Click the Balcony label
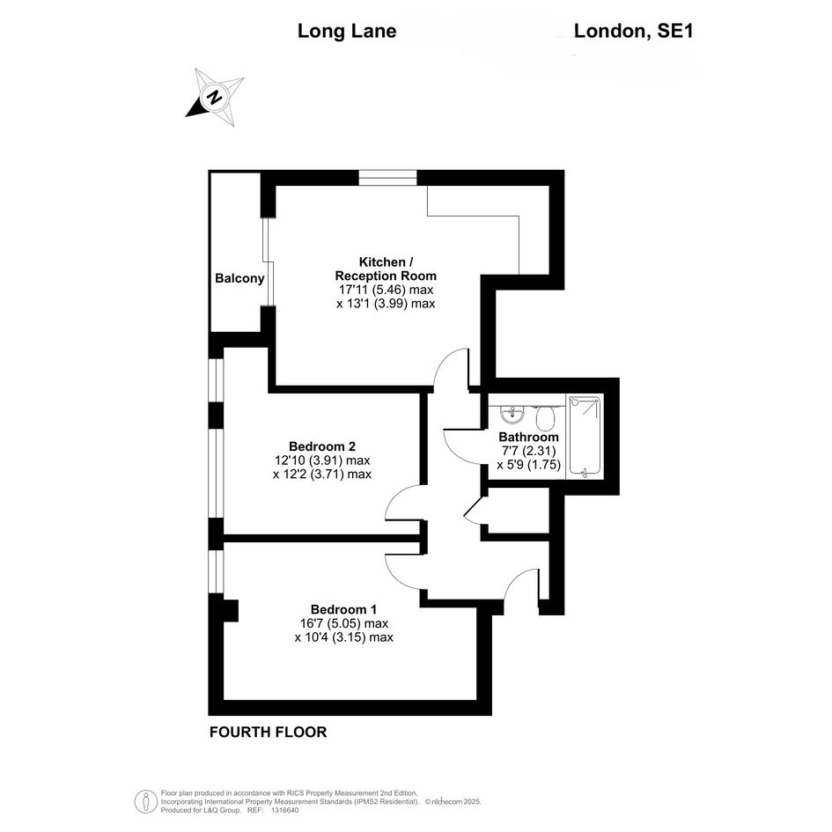tap(239, 278)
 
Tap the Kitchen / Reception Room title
tap(386, 269)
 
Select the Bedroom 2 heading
tap(322, 446)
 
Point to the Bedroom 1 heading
tap(344, 609)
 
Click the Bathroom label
tap(528, 438)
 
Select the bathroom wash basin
tap(512, 414)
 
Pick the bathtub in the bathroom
tap(585, 436)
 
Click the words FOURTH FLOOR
tap(268, 733)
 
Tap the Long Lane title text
tap(347, 31)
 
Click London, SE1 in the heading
tap(634, 31)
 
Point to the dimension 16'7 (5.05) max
tap(344, 623)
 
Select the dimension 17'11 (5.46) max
tap(387, 290)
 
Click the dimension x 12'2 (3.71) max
tap(322, 474)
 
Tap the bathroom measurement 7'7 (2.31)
tap(528, 451)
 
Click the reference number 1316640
tap(285, 810)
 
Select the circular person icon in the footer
tap(146, 801)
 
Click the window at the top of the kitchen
tap(388, 177)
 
